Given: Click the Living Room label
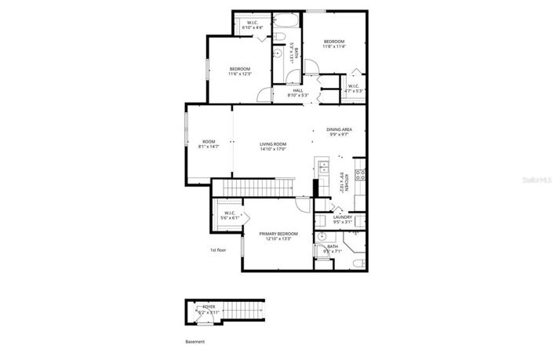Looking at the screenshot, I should (274, 143).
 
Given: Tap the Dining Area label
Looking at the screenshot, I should (339, 129).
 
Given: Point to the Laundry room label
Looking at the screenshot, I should (343, 217).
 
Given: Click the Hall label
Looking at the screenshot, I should (298, 90).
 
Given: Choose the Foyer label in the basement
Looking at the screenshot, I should (209, 307).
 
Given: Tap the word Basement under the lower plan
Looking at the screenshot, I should (195, 342).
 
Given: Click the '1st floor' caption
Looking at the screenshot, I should (218, 249).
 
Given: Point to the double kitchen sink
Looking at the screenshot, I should (321, 165).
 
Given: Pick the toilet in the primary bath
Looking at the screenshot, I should (358, 263).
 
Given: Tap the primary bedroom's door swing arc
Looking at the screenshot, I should (302, 204).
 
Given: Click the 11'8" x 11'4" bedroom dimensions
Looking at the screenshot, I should (335, 46).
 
